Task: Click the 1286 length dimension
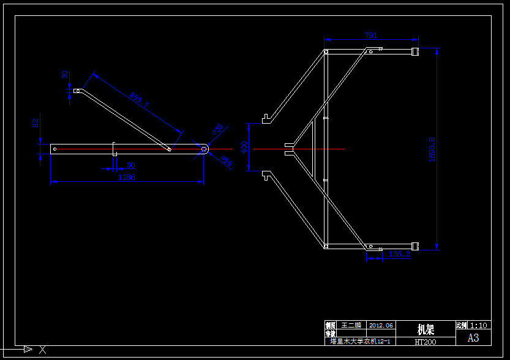pos(126,178)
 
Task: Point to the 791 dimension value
pos(371,36)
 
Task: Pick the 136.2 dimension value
pos(400,253)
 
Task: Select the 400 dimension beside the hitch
pos(244,148)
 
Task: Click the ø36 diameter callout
pos(217,129)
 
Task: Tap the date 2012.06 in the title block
pos(381,325)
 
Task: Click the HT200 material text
pos(426,342)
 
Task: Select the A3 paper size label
pos(473,338)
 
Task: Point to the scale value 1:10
pos(479,325)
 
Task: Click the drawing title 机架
pos(426,329)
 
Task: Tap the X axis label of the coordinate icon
pos(43,350)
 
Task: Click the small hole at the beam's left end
pos(55,148)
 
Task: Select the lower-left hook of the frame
pos(266,176)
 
